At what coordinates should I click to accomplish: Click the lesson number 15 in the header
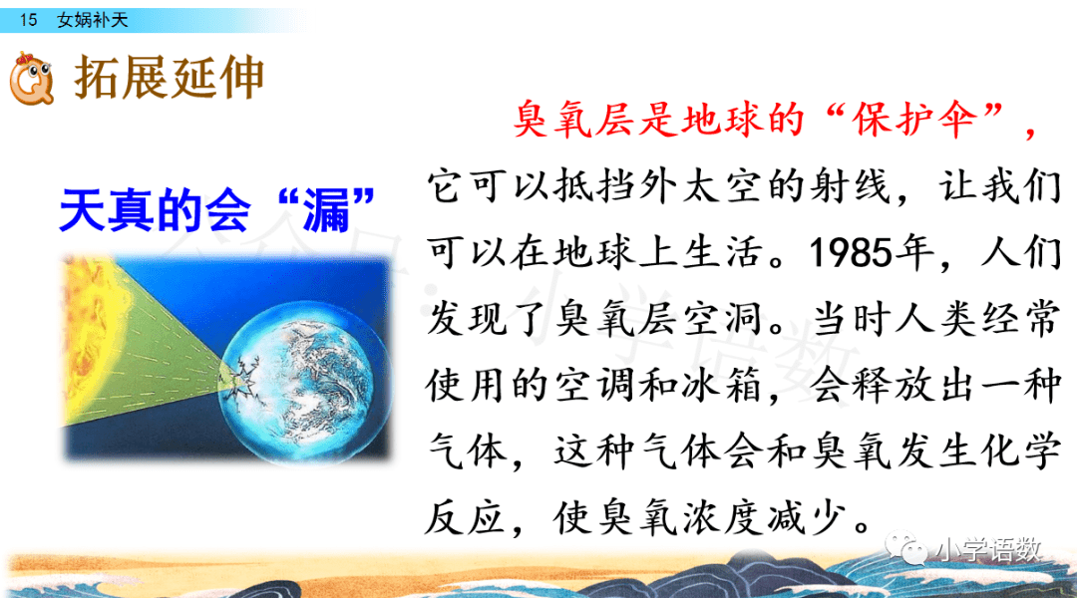[x=28, y=20]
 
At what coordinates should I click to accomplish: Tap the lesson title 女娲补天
[x=93, y=20]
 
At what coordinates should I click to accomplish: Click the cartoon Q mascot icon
[x=32, y=79]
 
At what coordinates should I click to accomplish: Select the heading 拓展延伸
[x=169, y=77]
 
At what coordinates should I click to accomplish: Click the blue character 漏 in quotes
[x=326, y=210]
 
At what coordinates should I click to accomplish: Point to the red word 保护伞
[x=914, y=120]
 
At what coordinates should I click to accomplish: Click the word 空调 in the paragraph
[x=594, y=385]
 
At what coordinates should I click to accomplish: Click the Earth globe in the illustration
[x=306, y=381]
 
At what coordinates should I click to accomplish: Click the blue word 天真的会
[x=155, y=210]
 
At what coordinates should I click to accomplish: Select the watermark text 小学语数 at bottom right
[x=990, y=549]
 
